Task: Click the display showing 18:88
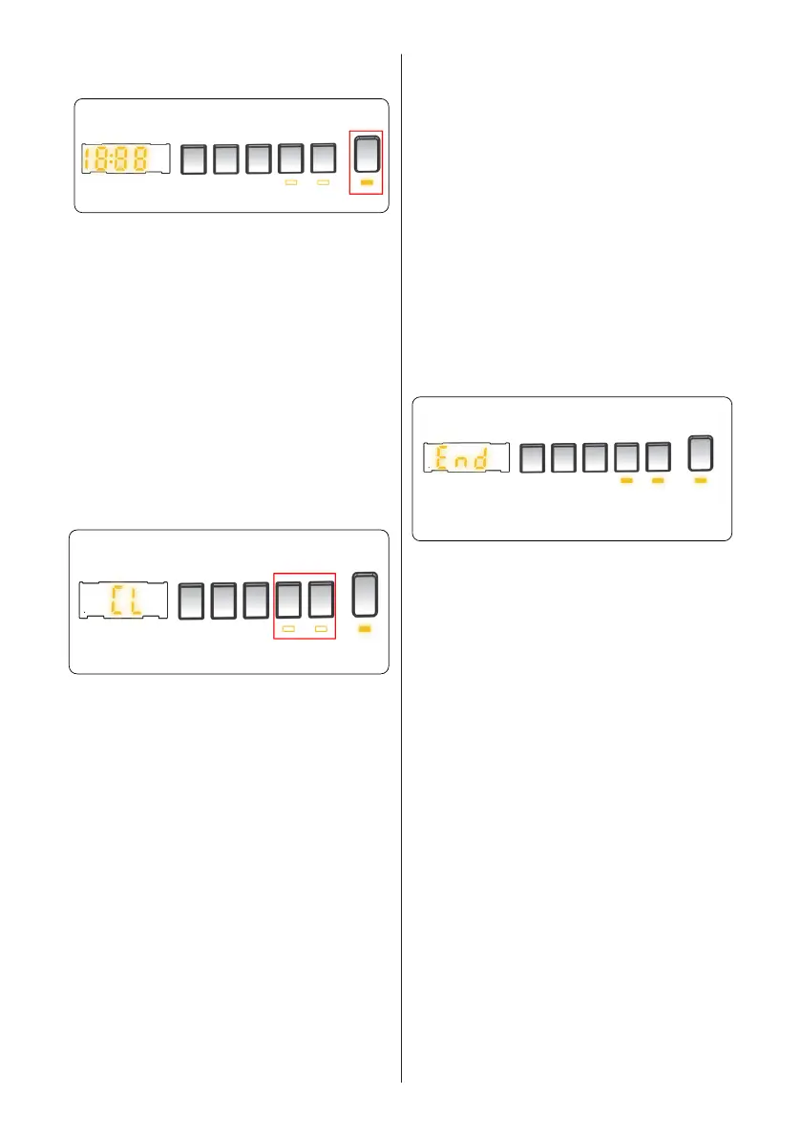coord(124,158)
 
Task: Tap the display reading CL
coord(122,600)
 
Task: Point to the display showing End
coord(465,458)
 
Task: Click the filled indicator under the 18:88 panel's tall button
coord(367,179)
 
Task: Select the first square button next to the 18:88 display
coord(193,158)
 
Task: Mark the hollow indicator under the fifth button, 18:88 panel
coord(323,180)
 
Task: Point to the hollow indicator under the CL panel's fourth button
coord(288,630)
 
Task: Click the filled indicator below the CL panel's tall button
coord(366,630)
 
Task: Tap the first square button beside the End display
coord(533,458)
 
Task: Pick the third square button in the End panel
coord(596,458)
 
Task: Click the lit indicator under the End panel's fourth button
coord(627,482)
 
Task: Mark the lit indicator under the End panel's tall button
coord(700,482)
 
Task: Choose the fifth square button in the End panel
coord(659,458)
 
